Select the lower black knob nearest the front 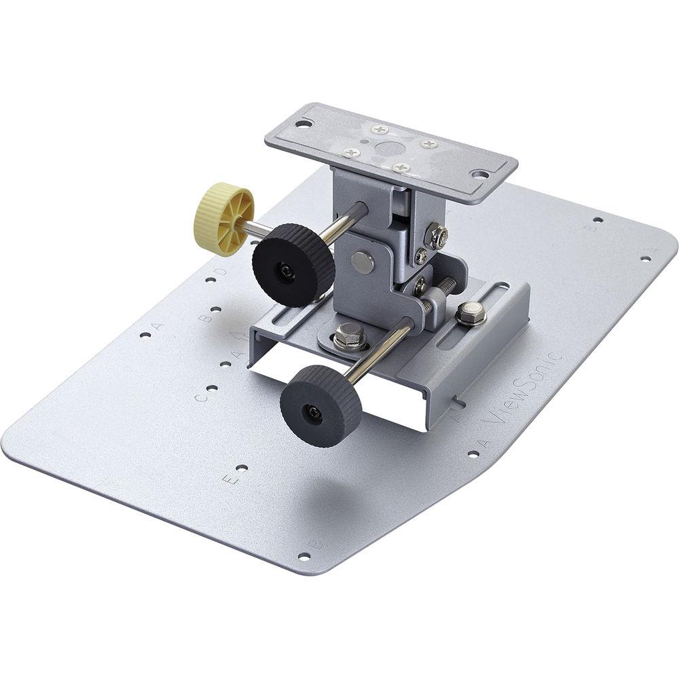pyautogui.click(x=320, y=405)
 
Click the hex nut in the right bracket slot pyautogui.click(x=471, y=313)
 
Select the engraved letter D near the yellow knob pyautogui.click(x=219, y=273)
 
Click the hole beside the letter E pyautogui.click(x=241, y=468)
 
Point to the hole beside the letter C pyautogui.click(x=212, y=389)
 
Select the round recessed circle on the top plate pyautogui.click(x=388, y=150)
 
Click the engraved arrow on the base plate pyautogui.click(x=236, y=337)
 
